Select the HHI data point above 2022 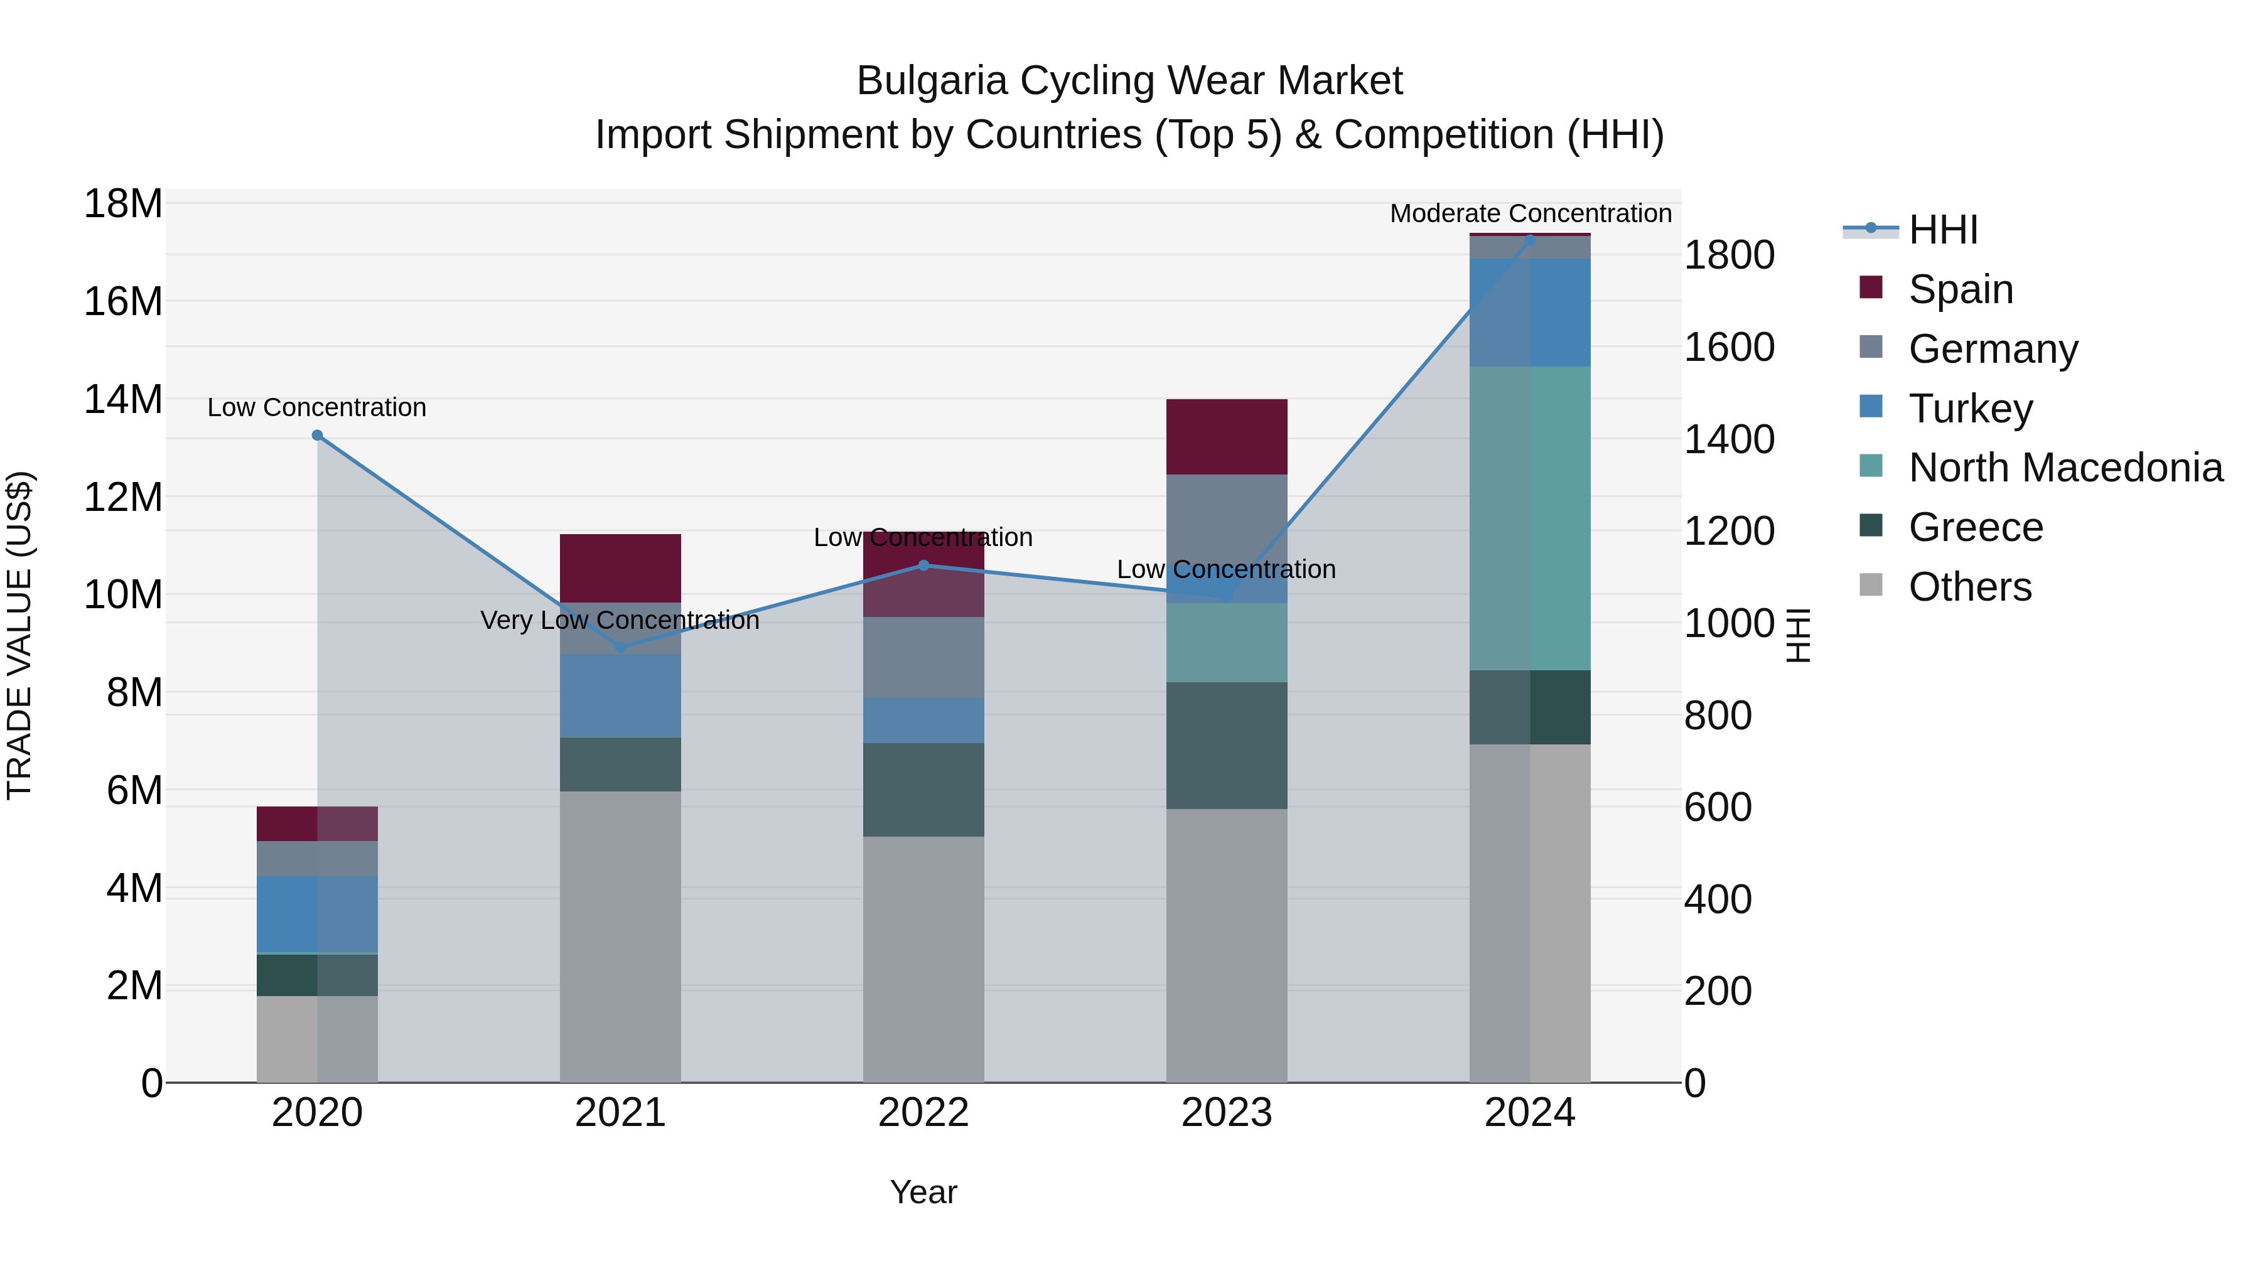[923, 566]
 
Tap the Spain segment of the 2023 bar [1227, 437]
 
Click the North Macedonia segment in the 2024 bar [1530, 518]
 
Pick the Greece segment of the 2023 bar [1227, 746]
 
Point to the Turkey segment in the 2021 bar [620, 695]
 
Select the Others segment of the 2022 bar [923, 958]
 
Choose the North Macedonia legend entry [2065, 468]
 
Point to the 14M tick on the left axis [123, 400]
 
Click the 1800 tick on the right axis [1728, 256]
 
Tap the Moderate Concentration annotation [1530, 214]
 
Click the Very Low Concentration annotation [620, 621]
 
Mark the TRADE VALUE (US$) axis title [19, 635]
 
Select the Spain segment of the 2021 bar [620, 569]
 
